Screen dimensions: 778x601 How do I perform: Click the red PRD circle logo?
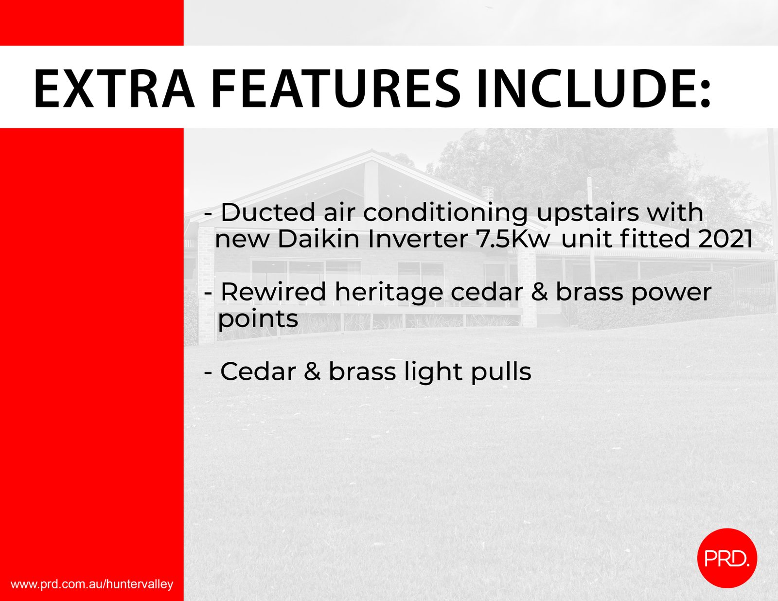click(x=727, y=558)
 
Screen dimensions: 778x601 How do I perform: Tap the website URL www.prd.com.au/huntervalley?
click(x=92, y=584)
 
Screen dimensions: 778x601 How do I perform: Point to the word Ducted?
click(x=268, y=212)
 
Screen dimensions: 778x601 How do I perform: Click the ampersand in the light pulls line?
click(x=312, y=372)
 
